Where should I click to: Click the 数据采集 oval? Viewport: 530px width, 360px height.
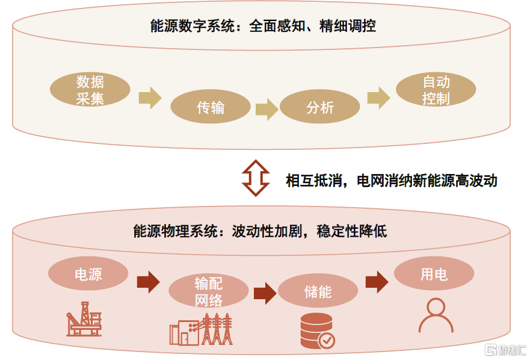[90, 90]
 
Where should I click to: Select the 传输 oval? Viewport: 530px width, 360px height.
[211, 107]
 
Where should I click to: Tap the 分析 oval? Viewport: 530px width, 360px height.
[320, 107]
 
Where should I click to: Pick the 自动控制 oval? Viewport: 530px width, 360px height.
[436, 90]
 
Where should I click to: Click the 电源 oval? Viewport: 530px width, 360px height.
[88, 275]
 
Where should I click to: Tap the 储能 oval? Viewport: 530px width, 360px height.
[318, 292]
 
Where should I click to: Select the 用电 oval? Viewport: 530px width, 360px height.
[434, 275]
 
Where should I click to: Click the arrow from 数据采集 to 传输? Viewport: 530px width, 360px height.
[150, 98]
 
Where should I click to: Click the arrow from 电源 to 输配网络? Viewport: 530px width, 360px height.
[148, 282]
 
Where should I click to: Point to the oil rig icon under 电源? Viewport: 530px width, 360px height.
[84, 319]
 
